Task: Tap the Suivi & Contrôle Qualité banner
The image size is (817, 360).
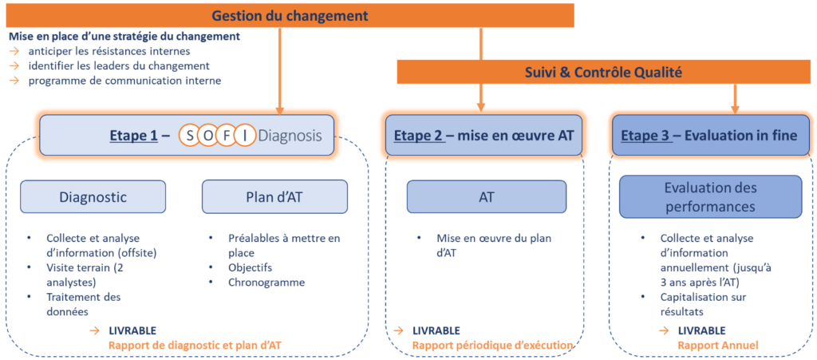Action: (x=604, y=73)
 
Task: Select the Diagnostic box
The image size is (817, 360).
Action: (x=93, y=196)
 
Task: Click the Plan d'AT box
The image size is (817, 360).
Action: (x=274, y=196)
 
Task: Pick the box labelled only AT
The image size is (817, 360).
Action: (x=486, y=196)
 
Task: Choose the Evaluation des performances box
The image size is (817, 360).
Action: (x=710, y=196)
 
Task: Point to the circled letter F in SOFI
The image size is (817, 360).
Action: (x=227, y=136)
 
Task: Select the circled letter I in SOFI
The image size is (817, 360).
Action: (x=245, y=136)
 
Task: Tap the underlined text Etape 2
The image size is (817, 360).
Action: (x=417, y=136)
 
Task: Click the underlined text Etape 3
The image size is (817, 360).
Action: (x=644, y=136)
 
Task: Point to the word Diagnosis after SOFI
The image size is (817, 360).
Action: (x=290, y=136)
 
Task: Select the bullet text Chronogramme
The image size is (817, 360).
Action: (x=266, y=283)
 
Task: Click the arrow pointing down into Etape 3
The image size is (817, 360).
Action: (x=735, y=100)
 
